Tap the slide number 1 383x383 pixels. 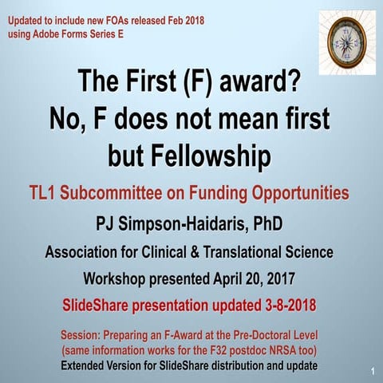coord(373,372)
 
